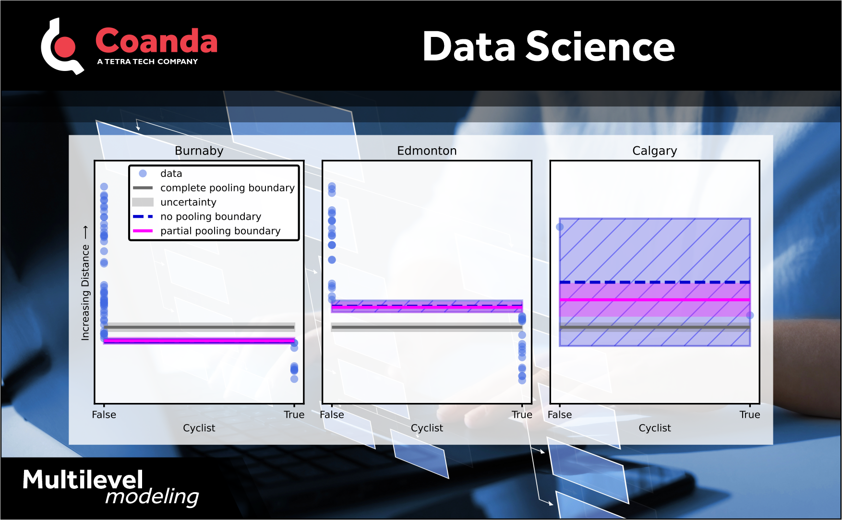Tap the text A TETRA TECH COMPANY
[x=147, y=61]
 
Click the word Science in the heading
[x=600, y=47]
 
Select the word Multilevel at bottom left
[x=83, y=480]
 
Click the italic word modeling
[x=152, y=496]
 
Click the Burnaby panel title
[x=199, y=151]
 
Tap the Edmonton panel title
[x=427, y=151]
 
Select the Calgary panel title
[x=654, y=151]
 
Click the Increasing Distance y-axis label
[x=85, y=283]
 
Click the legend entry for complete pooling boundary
[x=227, y=188]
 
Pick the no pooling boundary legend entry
[x=210, y=216]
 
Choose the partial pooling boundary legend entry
[x=220, y=231]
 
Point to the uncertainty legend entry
[x=188, y=202]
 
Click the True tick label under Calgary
[x=749, y=414]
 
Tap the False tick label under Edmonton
[x=332, y=414]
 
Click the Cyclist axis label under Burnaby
[x=199, y=428]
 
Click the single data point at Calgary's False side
[x=560, y=227]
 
